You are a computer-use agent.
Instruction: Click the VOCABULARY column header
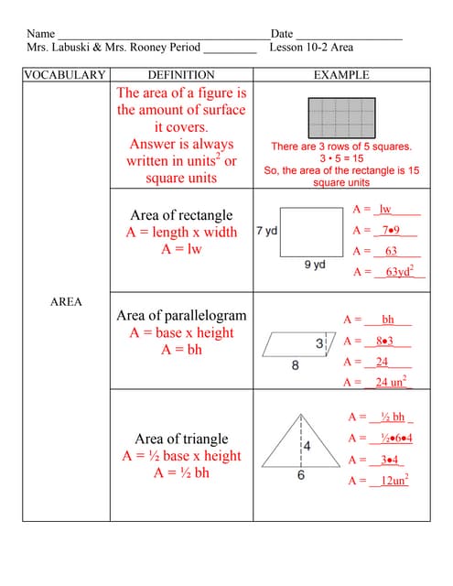64,75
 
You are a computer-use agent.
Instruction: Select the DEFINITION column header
181,75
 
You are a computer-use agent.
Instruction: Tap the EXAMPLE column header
341,75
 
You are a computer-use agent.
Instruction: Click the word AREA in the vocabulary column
66,301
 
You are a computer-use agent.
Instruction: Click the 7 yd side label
266,231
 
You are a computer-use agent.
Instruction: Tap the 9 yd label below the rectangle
314,265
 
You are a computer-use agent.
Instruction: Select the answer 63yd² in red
399,272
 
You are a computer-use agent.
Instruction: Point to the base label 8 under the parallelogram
295,365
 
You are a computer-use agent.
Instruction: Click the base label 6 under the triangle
300,477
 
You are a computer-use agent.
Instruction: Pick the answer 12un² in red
394,481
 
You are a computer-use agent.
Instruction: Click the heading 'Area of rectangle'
181,215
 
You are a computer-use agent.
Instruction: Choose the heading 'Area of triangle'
181,439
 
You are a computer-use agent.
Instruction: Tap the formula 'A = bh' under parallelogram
181,349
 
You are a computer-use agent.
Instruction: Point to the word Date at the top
281,33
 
